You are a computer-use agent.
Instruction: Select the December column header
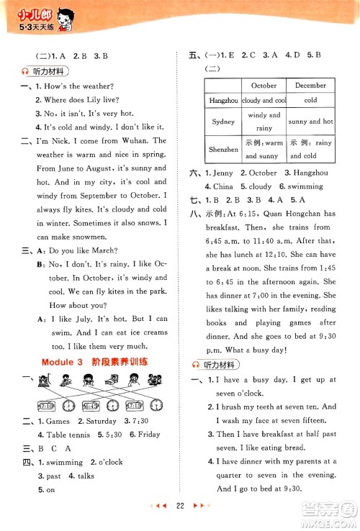point(310,86)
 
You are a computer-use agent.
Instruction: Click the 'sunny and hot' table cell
point(310,122)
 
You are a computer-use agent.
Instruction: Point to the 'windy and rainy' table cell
point(264,122)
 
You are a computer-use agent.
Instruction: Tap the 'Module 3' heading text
point(67,361)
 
